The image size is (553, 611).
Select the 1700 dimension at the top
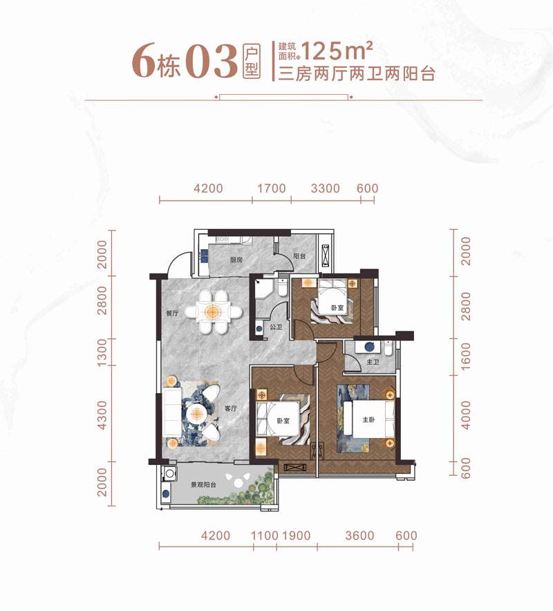(x=272, y=188)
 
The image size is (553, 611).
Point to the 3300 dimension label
(x=325, y=188)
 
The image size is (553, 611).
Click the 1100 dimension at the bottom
(x=264, y=536)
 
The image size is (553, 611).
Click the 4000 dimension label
(x=465, y=415)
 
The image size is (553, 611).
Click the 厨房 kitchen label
(x=236, y=260)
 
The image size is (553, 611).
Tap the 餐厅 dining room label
(x=172, y=313)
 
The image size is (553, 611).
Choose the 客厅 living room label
(x=231, y=409)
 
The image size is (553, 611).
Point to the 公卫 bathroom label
(x=275, y=327)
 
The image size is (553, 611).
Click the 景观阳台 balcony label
(x=204, y=485)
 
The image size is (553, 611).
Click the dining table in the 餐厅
(x=214, y=311)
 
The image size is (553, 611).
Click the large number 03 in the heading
(x=211, y=64)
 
